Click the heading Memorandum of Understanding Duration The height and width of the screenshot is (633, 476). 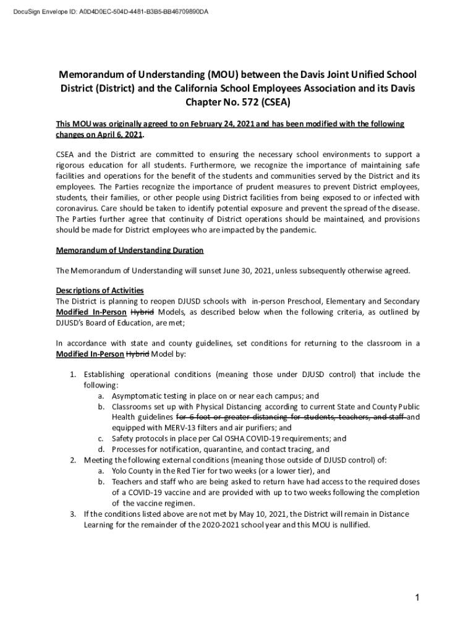pyautogui.click(x=130, y=250)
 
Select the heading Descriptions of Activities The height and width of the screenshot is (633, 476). pyautogui.click(x=100, y=291)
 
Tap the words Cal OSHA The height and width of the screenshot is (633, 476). pyautogui.click(x=228, y=438)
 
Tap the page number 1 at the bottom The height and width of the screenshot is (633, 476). pyautogui.click(x=419, y=598)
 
